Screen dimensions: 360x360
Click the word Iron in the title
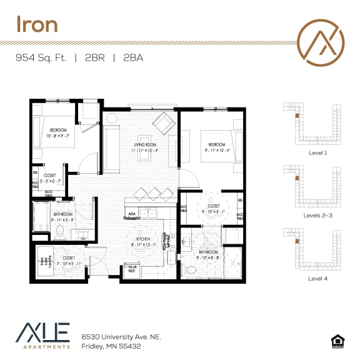[37, 24]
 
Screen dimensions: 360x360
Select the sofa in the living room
[112, 149]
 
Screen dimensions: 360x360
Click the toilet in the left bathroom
[61, 231]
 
